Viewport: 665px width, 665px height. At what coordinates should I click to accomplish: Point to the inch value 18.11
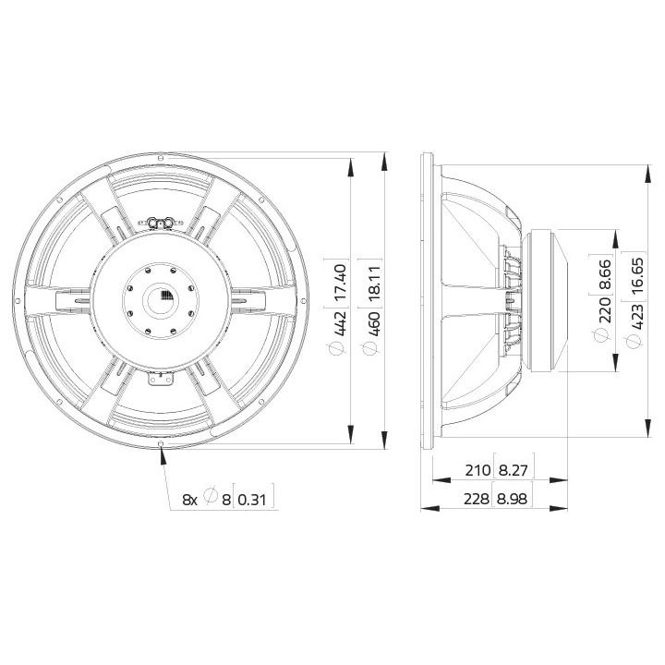click(x=373, y=279)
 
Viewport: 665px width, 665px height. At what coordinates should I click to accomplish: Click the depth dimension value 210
click(x=478, y=470)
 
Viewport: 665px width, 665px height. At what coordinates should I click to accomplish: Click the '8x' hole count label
click(x=188, y=499)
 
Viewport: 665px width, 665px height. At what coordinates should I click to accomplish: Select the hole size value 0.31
click(x=251, y=499)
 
